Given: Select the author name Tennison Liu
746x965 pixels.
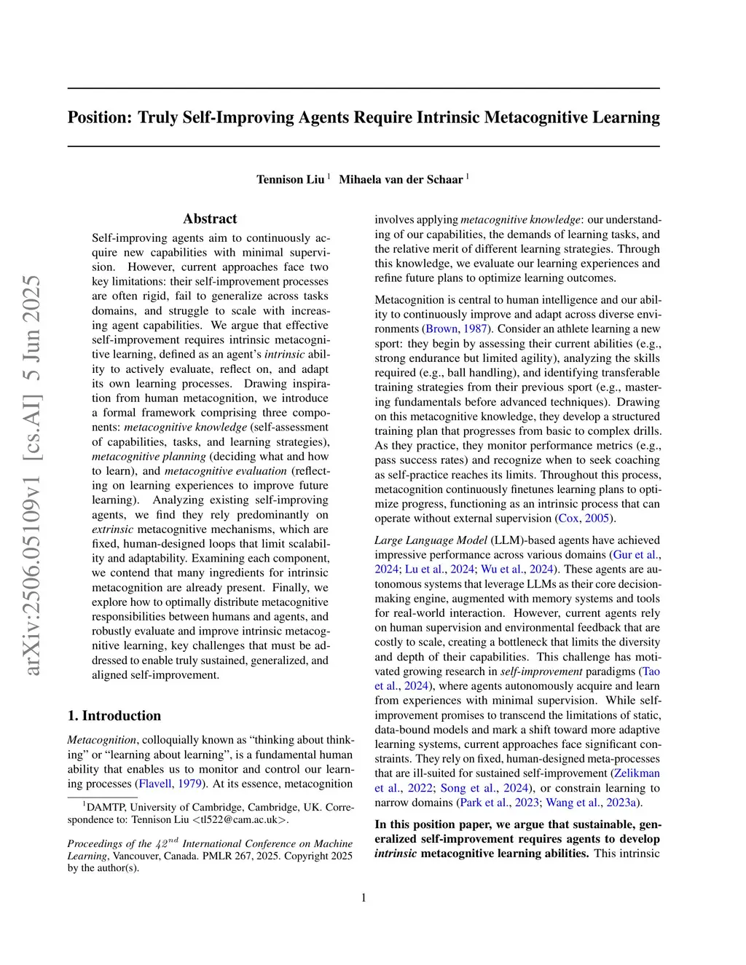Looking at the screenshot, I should [290, 179].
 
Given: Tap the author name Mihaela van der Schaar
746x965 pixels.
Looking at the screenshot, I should [401, 179].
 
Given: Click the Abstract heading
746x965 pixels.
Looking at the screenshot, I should [210, 218].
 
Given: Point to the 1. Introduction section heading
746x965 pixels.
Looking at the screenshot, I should [114, 715].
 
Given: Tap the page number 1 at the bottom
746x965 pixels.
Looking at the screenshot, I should [364, 897].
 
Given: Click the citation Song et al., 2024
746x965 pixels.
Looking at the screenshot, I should [484, 787].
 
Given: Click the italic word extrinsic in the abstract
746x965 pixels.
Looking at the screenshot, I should [112, 529].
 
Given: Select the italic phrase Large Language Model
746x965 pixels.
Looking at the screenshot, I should [431, 540].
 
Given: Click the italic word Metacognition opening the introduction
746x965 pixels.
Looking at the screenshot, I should [101, 740].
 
